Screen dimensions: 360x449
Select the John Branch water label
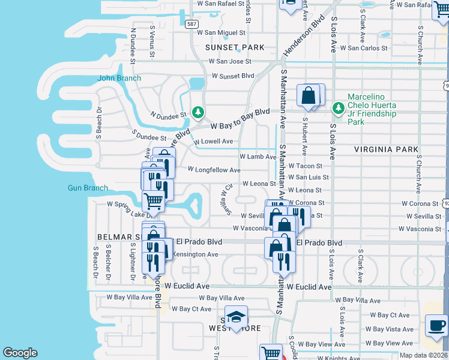(119, 78)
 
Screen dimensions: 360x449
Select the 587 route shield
(191, 24)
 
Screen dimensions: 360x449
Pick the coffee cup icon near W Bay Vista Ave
(436, 325)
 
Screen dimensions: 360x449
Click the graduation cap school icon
(237, 318)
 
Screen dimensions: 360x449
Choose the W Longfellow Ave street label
(214, 170)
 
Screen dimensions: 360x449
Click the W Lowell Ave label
(213, 142)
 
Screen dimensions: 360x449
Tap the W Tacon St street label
(305, 166)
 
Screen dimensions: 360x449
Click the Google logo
(20, 353)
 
